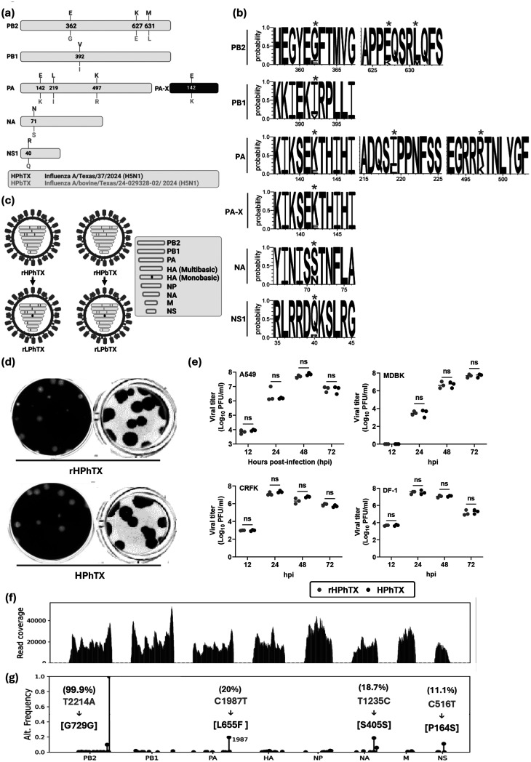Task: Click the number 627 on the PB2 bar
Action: point(137,25)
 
